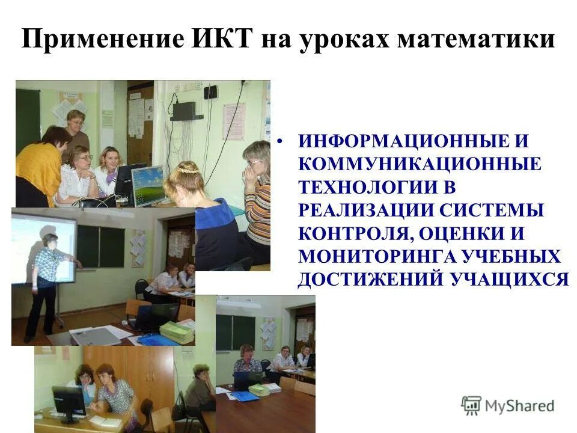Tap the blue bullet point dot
click(x=279, y=143)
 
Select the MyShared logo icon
click(x=471, y=405)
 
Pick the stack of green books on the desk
click(x=177, y=331)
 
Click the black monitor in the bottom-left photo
click(x=69, y=400)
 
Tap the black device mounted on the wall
click(x=183, y=111)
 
